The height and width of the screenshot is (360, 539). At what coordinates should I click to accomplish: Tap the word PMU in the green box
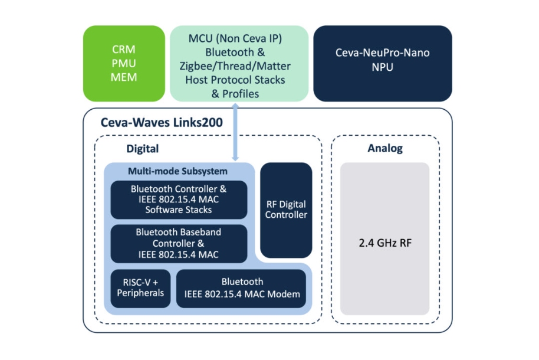point(123,64)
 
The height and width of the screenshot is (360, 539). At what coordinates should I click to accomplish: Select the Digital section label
point(142,149)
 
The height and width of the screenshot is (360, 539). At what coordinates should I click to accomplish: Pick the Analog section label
point(385,148)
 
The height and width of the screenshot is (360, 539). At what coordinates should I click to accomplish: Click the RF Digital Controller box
point(286,210)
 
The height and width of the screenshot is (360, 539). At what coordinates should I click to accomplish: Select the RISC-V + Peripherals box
point(140,287)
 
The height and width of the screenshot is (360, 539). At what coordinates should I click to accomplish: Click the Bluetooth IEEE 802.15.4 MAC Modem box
point(242,288)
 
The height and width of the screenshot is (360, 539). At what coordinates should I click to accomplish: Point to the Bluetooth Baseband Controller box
point(179,243)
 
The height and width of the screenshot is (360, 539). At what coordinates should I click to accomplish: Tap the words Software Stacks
point(179,210)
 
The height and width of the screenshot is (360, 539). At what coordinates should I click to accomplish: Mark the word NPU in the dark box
point(382,67)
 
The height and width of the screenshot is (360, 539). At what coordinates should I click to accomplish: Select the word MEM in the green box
point(123,77)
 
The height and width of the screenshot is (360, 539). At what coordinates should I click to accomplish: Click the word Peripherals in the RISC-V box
point(140,293)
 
